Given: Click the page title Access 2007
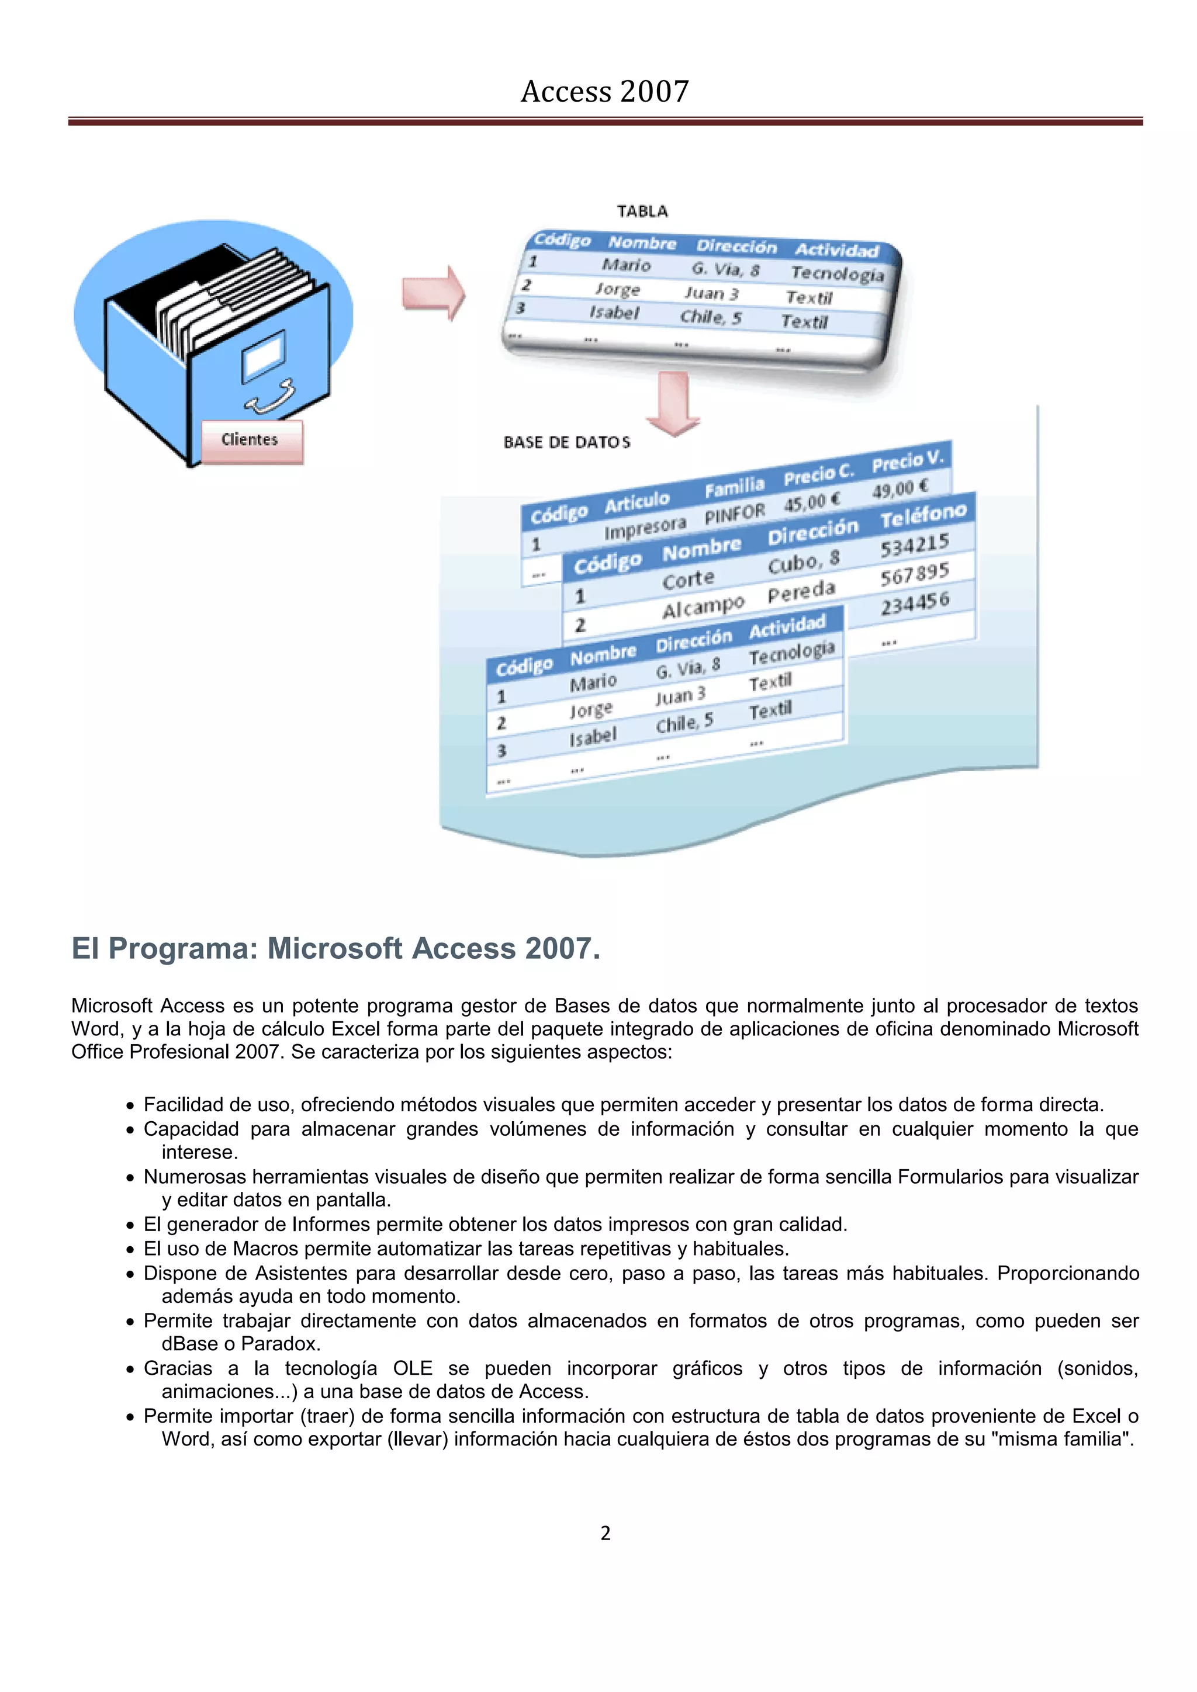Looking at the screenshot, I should click(604, 91).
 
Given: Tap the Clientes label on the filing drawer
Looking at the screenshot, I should click(250, 440).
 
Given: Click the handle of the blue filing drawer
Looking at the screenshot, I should click(271, 397).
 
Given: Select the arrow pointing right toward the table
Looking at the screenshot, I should click(434, 293).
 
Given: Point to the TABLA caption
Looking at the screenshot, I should click(642, 211).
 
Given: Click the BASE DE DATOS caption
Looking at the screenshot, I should click(567, 442).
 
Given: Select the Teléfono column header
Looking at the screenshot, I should click(923, 515).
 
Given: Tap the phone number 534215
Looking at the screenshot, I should click(915, 545).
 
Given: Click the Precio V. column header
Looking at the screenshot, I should click(907, 460).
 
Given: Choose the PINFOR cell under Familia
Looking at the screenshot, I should click(734, 514).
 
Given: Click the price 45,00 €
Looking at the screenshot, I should click(811, 502).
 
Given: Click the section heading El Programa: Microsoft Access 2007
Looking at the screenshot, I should click(335, 948).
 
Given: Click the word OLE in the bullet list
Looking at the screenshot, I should click(412, 1368).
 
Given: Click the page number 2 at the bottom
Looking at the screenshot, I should click(605, 1533).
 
